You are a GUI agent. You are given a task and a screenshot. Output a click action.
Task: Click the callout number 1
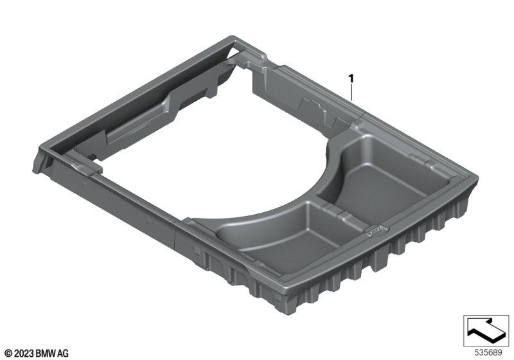(351, 78)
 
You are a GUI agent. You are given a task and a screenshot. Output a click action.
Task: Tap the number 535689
(488, 353)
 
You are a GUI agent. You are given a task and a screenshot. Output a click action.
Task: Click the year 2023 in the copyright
(24, 354)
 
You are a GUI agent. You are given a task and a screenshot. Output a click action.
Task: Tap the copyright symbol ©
(9, 354)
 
